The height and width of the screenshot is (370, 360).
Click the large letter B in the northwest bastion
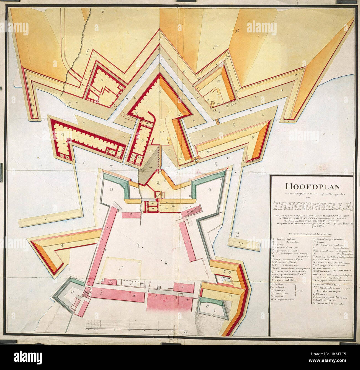tap(112, 190)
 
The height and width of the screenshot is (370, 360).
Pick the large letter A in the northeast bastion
tap(209, 190)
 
